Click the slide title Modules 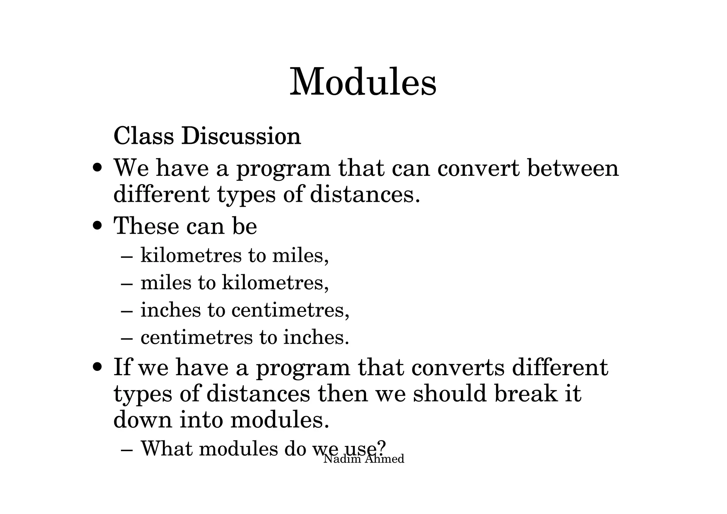click(363, 83)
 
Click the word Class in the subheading click(144, 136)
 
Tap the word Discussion click(241, 136)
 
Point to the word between click(573, 168)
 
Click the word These click(145, 226)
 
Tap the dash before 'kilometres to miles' click(127, 256)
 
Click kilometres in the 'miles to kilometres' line click(275, 283)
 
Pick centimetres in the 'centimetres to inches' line click(197, 337)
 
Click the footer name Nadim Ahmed click(364, 459)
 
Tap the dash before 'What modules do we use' click(127, 450)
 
